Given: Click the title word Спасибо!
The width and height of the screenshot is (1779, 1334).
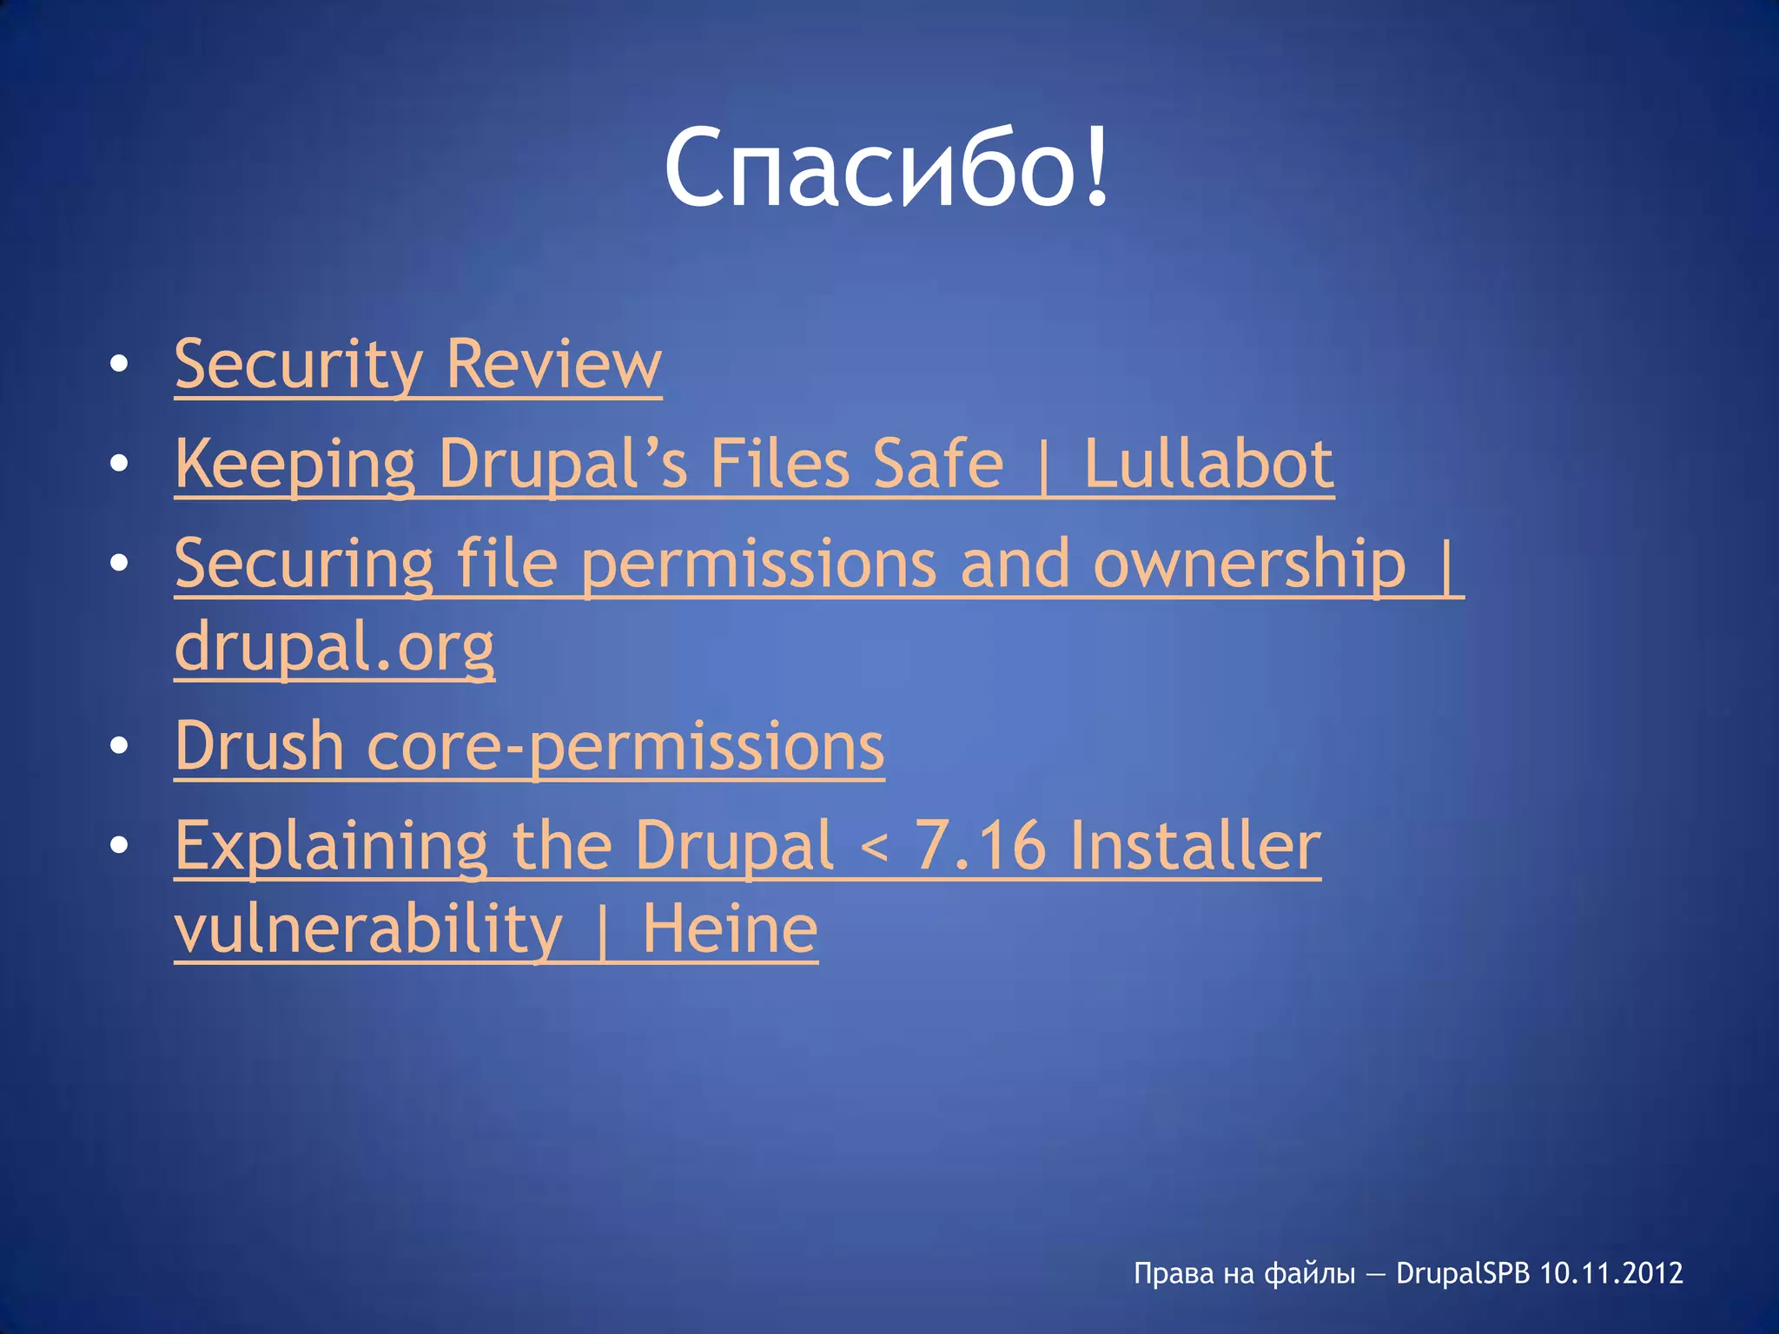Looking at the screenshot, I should click(887, 167).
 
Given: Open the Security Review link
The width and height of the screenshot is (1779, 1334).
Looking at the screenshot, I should click(418, 364).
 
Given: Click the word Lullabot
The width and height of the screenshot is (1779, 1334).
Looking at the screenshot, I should click(1208, 464).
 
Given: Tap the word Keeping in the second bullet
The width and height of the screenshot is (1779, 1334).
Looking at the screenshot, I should click(295, 464).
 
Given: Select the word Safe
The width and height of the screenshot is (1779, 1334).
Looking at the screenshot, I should click(938, 464).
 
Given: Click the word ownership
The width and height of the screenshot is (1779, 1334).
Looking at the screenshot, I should click(1249, 564).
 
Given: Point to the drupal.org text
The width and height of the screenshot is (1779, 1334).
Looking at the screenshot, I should click(334, 647).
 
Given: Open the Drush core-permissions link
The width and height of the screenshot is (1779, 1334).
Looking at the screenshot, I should click(529, 746).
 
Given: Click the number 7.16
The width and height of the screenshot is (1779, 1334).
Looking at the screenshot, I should click(980, 846).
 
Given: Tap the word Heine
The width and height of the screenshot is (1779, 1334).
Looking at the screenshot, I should click(730, 929).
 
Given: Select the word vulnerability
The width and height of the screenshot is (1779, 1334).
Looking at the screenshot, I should click(369, 929).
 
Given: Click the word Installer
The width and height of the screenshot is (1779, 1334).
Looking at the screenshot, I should click(1195, 846).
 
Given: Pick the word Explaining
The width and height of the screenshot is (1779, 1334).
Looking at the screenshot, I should click(332, 846).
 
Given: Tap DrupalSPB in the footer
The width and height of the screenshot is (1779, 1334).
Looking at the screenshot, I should click(1463, 1273).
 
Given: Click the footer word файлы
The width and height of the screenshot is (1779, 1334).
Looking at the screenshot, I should click(1309, 1273).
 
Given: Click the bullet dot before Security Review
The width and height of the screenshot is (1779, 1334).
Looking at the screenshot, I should click(119, 364).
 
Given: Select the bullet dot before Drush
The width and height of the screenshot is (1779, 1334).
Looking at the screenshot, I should click(119, 746).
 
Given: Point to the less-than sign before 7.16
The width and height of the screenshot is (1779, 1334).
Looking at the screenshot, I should click(873, 848).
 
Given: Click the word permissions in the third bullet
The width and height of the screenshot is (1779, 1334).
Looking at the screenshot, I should click(758, 564).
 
